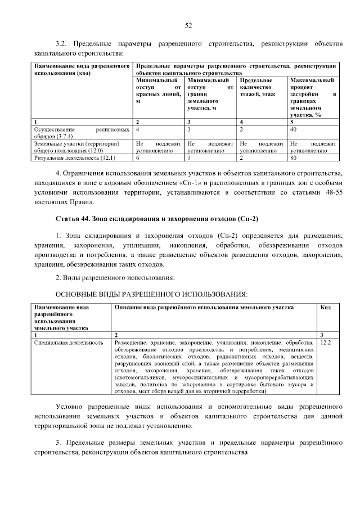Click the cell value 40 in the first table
[x=293, y=129]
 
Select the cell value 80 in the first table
[x=293, y=158]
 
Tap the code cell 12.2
[x=325, y=342]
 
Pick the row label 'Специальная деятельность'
[x=69, y=342]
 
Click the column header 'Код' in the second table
[x=325, y=308]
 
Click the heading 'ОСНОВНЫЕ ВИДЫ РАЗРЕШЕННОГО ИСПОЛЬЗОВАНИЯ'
[x=151, y=294]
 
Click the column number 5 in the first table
[x=292, y=121]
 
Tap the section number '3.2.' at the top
[x=61, y=43]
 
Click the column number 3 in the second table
[x=321, y=335]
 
